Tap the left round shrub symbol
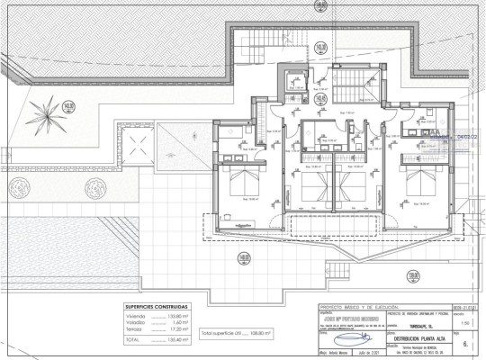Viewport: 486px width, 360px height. click(x=94, y=189)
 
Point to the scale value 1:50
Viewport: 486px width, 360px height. click(x=464, y=321)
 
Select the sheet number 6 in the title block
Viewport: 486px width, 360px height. click(x=465, y=344)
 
